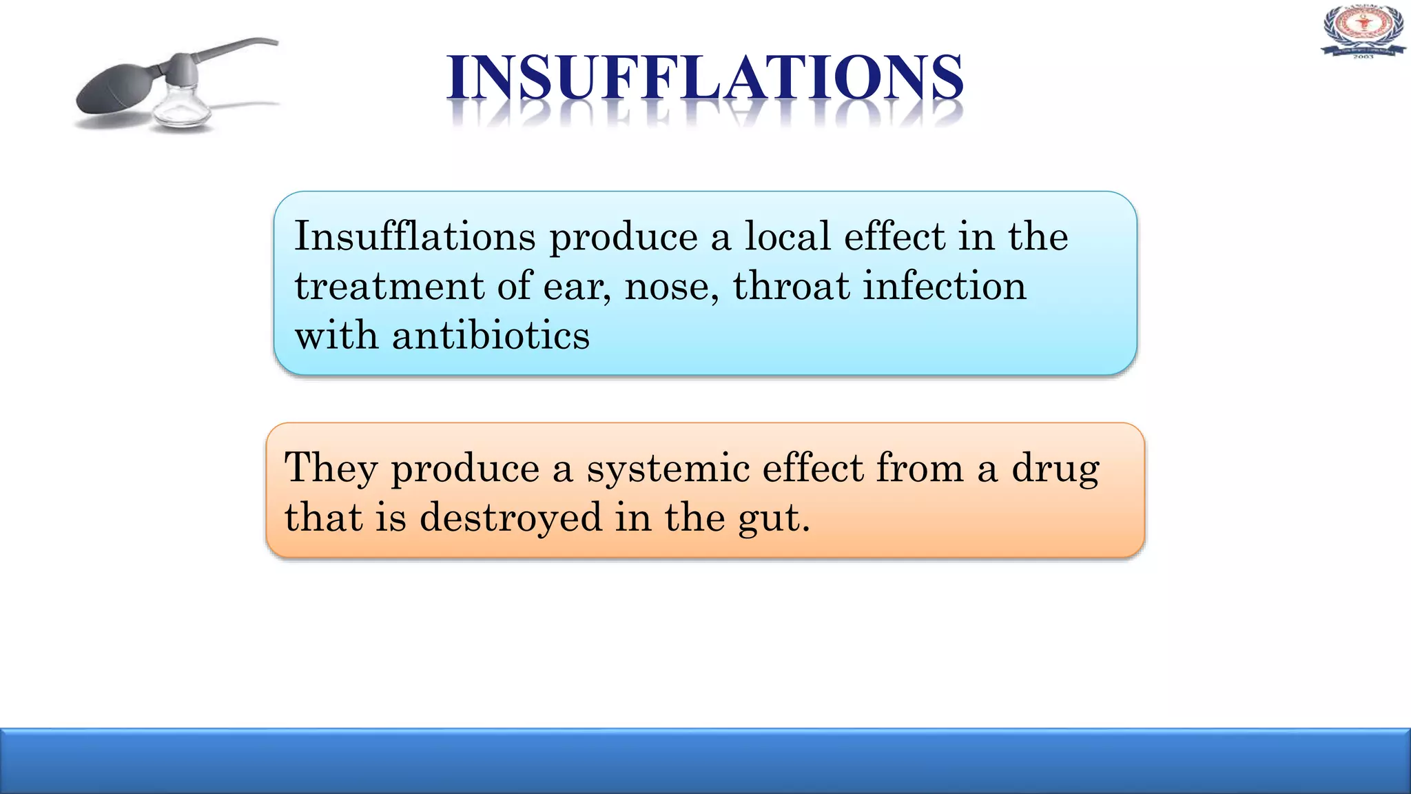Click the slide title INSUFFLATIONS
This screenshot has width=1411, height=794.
tap(704, 78)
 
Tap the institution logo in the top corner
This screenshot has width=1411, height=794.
tap(1363, 31)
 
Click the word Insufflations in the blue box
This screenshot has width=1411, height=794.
tap(415, 236)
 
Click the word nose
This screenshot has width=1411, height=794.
tap(670, 287)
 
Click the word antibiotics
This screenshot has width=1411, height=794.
tap(491, 336)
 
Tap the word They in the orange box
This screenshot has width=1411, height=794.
tap(331, 469)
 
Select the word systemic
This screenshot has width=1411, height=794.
tap(668, 469)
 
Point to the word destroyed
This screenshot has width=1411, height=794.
tap(511, 518)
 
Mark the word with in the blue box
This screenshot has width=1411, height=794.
tap(336, 336)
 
